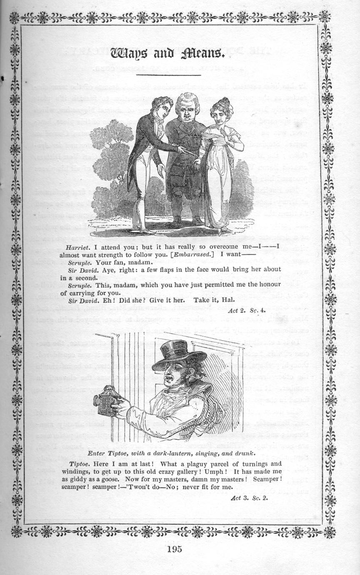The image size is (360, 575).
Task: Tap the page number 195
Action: pyautogui.click(x=174, y=549)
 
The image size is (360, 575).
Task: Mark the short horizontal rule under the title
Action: pyautogui.click(x=169, y=75)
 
